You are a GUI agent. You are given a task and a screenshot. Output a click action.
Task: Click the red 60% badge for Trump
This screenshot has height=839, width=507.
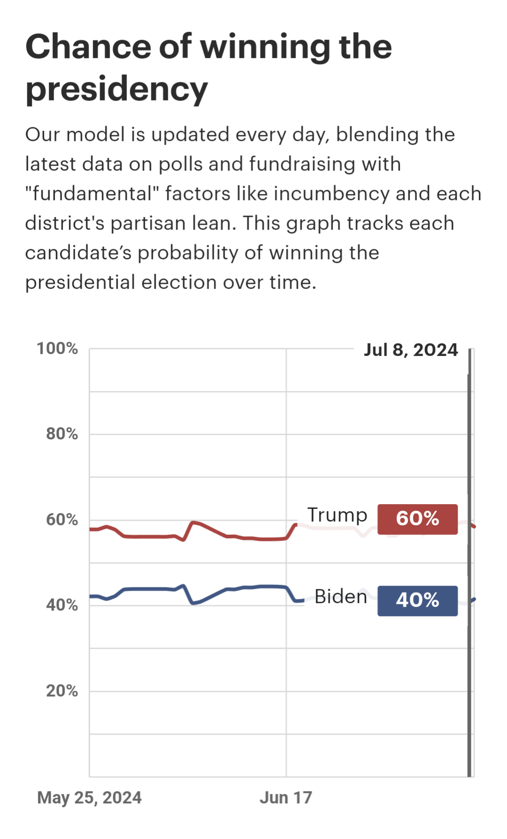pyautogui.click(x=417, y=519)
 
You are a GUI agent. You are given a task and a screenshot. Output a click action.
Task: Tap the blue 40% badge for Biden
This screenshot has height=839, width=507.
pyautogui.click(x=417, y=600)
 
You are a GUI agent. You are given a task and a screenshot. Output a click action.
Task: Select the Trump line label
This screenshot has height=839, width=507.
pyautogui.click(x=337, y=515)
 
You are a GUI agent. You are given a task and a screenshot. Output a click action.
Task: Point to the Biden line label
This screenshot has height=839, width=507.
pyautogui.click(x=341, y=597)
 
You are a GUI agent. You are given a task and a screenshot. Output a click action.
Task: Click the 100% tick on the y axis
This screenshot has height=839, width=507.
pyautogui.click(x=57, y=348)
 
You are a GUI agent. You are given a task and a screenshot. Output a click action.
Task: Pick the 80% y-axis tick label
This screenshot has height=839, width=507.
pyautogui.click(x=62, y=434)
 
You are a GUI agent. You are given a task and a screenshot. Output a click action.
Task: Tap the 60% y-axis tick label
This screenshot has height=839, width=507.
pyautogui.click(x=62, y=520)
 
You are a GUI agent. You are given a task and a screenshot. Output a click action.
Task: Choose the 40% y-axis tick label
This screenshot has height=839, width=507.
pyautogui.click(x=62, y=605)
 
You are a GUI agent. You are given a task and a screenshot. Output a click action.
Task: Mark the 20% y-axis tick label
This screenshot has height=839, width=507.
pyautogui.click(x=62, y=691)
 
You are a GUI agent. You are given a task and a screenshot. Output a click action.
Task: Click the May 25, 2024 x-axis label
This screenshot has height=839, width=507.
pyautogui.click(x=89, y=798)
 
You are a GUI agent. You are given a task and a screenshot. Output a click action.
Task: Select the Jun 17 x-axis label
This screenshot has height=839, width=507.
pyautogui.click(x=286, y=798)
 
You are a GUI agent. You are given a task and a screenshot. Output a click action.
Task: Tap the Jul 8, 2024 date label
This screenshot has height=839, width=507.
pyautogui.click(x=411, y=350)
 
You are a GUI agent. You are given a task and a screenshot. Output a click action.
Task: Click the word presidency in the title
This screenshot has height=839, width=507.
pyautogui.click(x=117, y=89)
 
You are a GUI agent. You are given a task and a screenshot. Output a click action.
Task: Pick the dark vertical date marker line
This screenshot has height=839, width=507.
pyautogui.click(x=469, y=610)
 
